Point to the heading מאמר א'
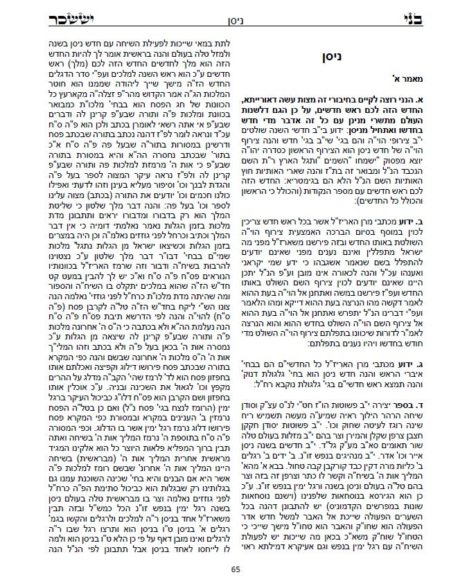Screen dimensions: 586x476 [x=437, y=76]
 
